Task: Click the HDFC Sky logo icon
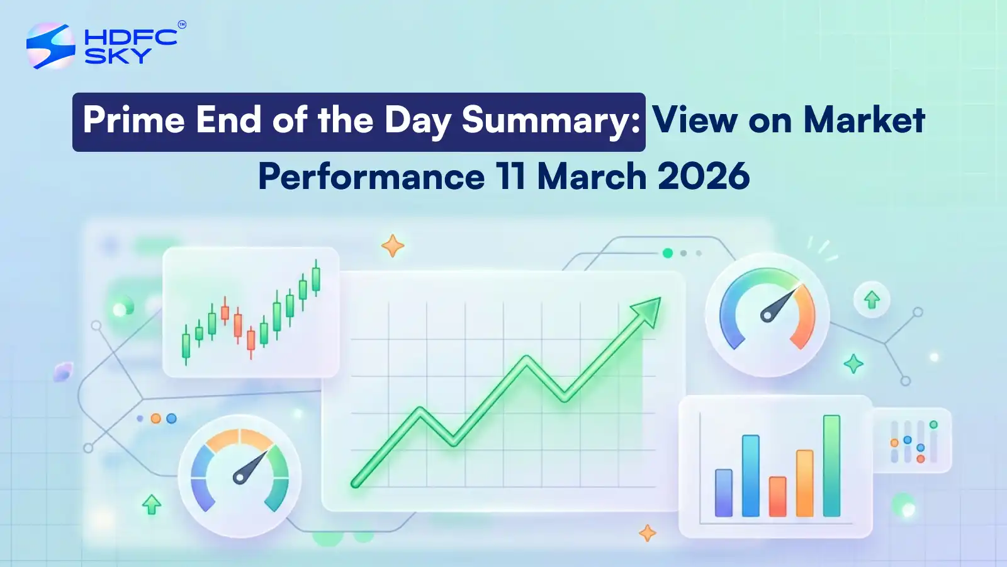click(51, 45)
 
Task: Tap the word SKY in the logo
click(118, 55)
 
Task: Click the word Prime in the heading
click(134, 120)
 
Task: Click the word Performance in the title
click(371, 176)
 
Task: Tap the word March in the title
click(592, 176)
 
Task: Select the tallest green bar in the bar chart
click(831, 466)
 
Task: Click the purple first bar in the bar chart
click(724, 493)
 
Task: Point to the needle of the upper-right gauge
click(780, 303)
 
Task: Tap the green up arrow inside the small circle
click(872, 300)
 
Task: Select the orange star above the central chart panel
click(393, 246)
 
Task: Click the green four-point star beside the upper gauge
click(853, 364)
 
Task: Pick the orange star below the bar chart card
click(647, 533)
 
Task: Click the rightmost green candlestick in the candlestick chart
click(316, 279)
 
